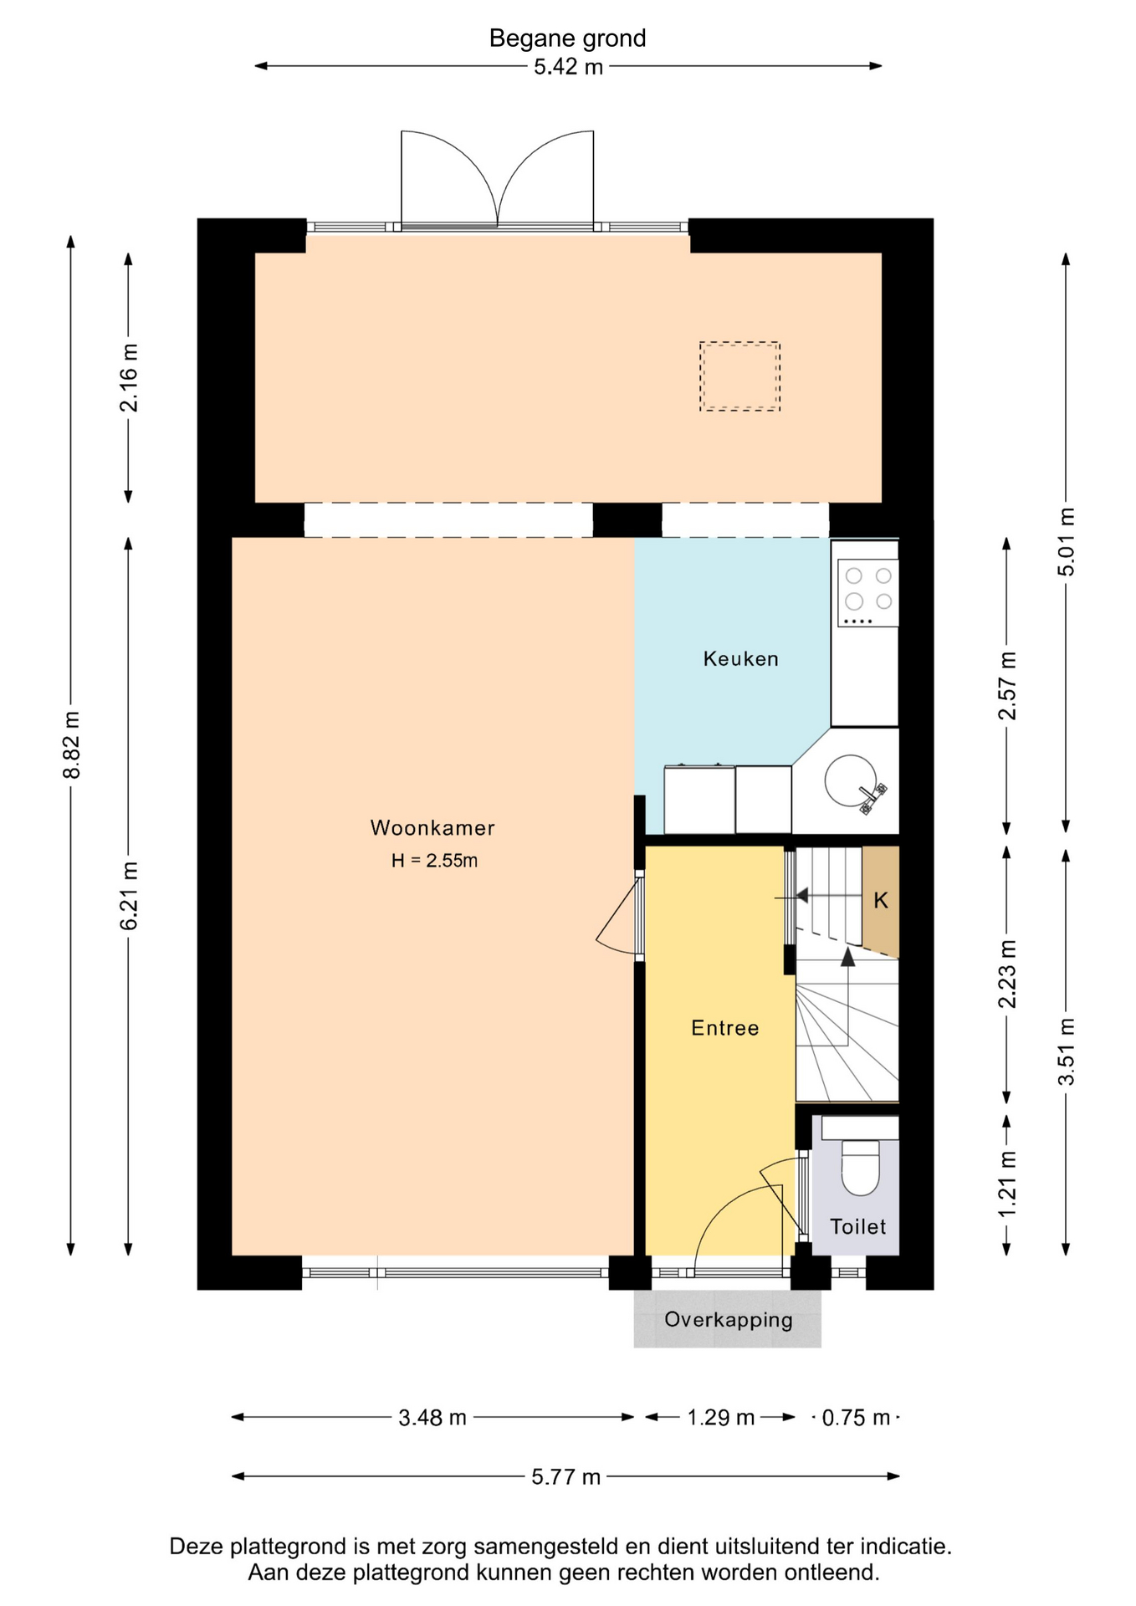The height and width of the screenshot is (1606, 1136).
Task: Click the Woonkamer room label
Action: click(x=432, y=828)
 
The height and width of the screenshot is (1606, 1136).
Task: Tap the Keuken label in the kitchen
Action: click(x=740, y=659)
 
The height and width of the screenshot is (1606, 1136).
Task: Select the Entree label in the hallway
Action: click(x=724, y=1028)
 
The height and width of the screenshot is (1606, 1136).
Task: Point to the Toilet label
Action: click(x=857, y=1226)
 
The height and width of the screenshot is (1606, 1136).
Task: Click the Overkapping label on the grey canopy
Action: click(x=728, y=1320)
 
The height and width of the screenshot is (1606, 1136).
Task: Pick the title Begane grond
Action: click(x=567, y=38)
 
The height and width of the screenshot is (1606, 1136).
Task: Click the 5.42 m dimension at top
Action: click(x=568, y=67)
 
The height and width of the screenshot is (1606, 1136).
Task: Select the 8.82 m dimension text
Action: click(x=72, y=745)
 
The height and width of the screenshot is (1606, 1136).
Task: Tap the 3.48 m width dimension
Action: click(x=432, y=1418)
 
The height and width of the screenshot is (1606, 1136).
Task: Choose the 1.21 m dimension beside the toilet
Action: click(x=1007, y=1184)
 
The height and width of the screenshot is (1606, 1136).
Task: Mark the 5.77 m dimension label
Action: click(x=565, y=1477)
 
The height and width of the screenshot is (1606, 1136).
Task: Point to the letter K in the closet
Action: click(x=881, y=901)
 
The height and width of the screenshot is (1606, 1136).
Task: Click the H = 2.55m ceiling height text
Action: click(x=434, y=861)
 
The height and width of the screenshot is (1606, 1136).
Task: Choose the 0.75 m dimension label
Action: click(x=856, y=1418)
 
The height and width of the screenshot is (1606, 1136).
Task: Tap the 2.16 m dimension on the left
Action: click(x=130, y=378)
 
